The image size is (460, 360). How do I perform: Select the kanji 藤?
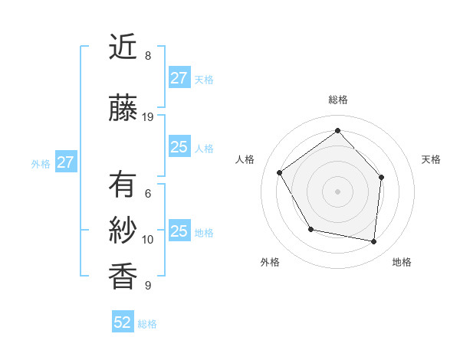pos(123,109)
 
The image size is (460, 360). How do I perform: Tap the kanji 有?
pos(123,186)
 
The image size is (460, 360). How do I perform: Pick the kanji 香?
pos(123,275)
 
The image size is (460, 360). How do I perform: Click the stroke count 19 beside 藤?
pos(148,117)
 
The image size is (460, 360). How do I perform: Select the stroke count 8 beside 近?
pos(148,55)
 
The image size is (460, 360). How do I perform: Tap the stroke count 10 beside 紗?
pos(148,240)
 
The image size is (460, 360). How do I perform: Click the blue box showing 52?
pos(123,322)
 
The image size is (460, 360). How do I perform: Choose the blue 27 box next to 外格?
pos(65,162)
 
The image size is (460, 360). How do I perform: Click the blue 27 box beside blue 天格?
pos(179,78)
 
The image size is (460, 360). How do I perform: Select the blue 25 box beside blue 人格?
pos(179,147)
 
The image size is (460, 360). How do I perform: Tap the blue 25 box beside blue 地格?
pos(179,231)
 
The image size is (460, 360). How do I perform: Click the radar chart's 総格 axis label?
pos(338,100)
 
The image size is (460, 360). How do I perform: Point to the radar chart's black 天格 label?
pos(431,159)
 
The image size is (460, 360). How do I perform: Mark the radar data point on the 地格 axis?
pos(374,241)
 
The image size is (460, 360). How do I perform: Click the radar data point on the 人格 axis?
pos(280,172)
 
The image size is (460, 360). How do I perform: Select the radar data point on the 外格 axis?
pos(310,229)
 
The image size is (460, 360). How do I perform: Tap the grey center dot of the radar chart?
pos(337,191)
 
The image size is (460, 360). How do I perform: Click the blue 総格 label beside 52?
pos(147,324)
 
